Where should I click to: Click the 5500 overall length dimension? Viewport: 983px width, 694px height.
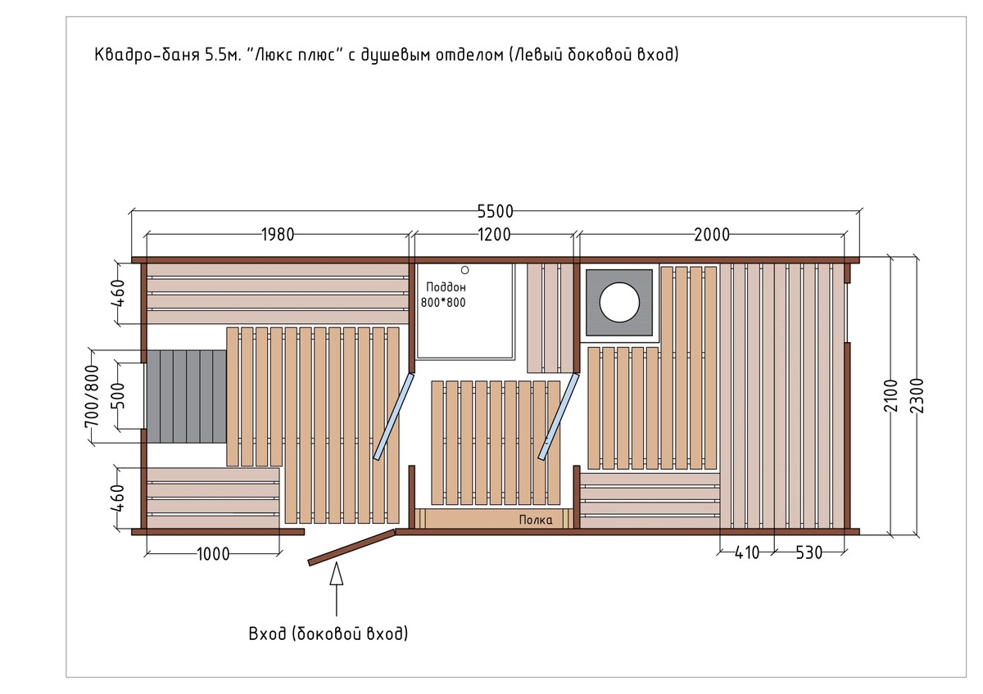495,212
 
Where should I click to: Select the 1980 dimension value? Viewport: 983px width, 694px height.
278,235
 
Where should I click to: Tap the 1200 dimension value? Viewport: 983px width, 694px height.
494,235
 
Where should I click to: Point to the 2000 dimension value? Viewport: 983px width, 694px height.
712,235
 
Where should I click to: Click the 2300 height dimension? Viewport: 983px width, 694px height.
917,396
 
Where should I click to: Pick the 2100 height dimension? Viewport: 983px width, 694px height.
891,396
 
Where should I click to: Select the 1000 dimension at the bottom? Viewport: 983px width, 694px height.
213,554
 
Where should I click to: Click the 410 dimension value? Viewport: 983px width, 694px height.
747,553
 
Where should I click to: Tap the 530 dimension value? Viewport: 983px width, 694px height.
809,553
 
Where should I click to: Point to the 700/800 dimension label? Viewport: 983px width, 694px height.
92,395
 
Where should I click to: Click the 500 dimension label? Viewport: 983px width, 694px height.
118,395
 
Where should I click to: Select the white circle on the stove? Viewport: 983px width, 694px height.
619,303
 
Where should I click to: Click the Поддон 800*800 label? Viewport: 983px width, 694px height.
444,295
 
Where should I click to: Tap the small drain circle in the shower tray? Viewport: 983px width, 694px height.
464,271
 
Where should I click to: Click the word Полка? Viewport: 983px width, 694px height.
536,520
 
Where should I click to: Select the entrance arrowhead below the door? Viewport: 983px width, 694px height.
337,574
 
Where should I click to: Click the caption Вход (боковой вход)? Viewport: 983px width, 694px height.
328,634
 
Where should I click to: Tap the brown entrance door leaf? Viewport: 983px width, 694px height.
351,548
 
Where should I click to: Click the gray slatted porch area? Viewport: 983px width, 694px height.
187,396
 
